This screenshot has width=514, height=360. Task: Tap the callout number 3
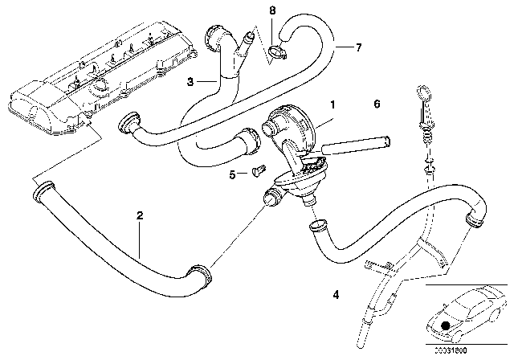pos(190,81)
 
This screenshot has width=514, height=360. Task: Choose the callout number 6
pos(376,104)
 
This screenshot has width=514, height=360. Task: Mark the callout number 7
pos(358,47)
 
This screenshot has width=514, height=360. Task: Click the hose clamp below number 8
pos(277,53)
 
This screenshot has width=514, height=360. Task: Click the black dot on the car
pos(447,325)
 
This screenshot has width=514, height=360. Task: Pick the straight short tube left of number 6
pos(360,145)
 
